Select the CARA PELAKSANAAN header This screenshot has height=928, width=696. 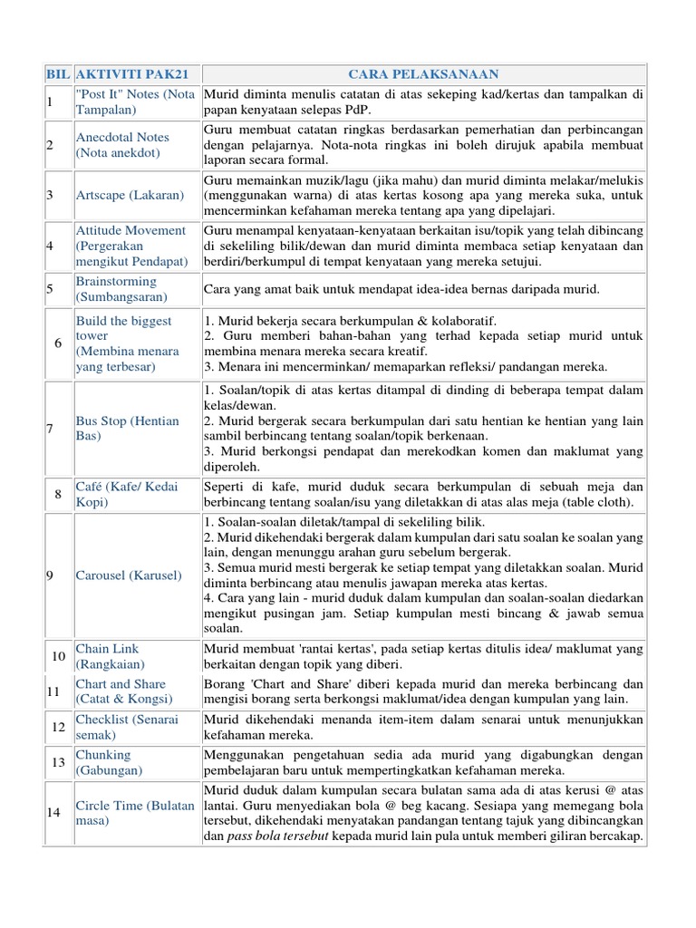tap(423, 73)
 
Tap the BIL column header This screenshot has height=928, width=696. tap(57, 73)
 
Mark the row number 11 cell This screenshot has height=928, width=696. tap(53, 691)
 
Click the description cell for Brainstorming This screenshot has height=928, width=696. tap(423, 289)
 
